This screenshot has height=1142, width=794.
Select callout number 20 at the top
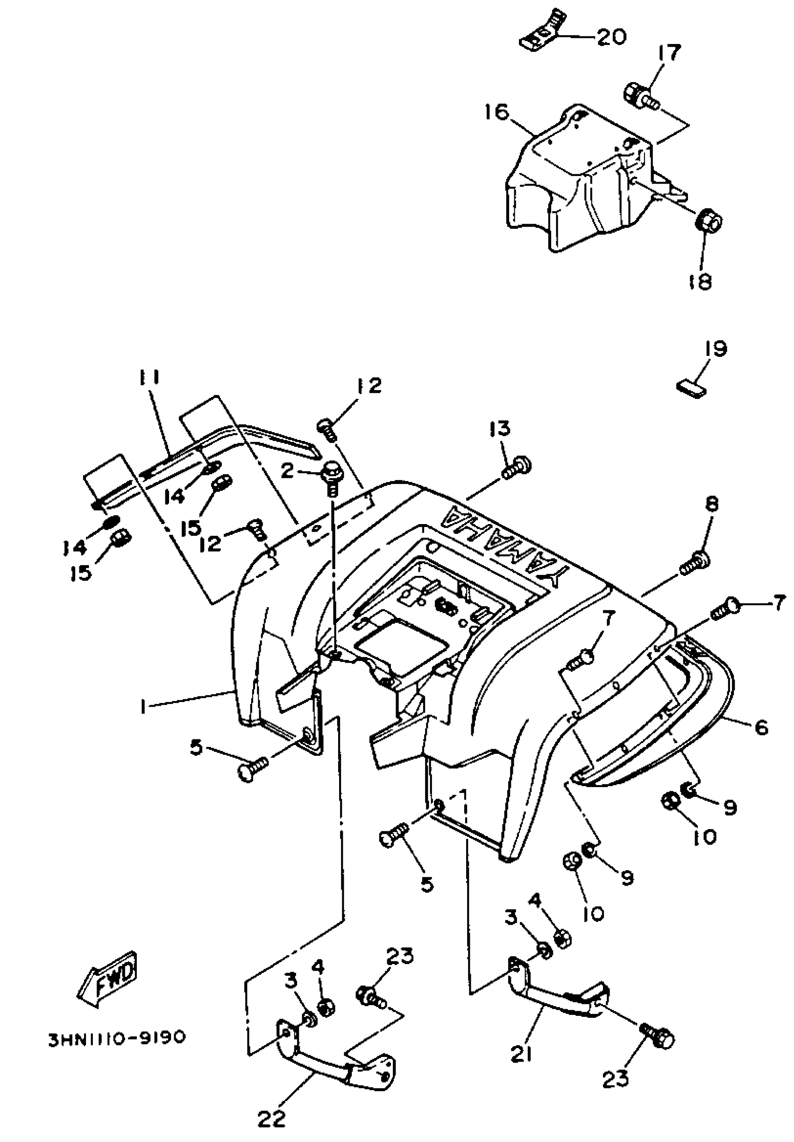point(611,37)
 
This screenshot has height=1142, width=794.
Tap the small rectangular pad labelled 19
point(692,389)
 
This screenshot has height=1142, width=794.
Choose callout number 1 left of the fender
point(143,706)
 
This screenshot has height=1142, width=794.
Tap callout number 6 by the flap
point(761,727)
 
